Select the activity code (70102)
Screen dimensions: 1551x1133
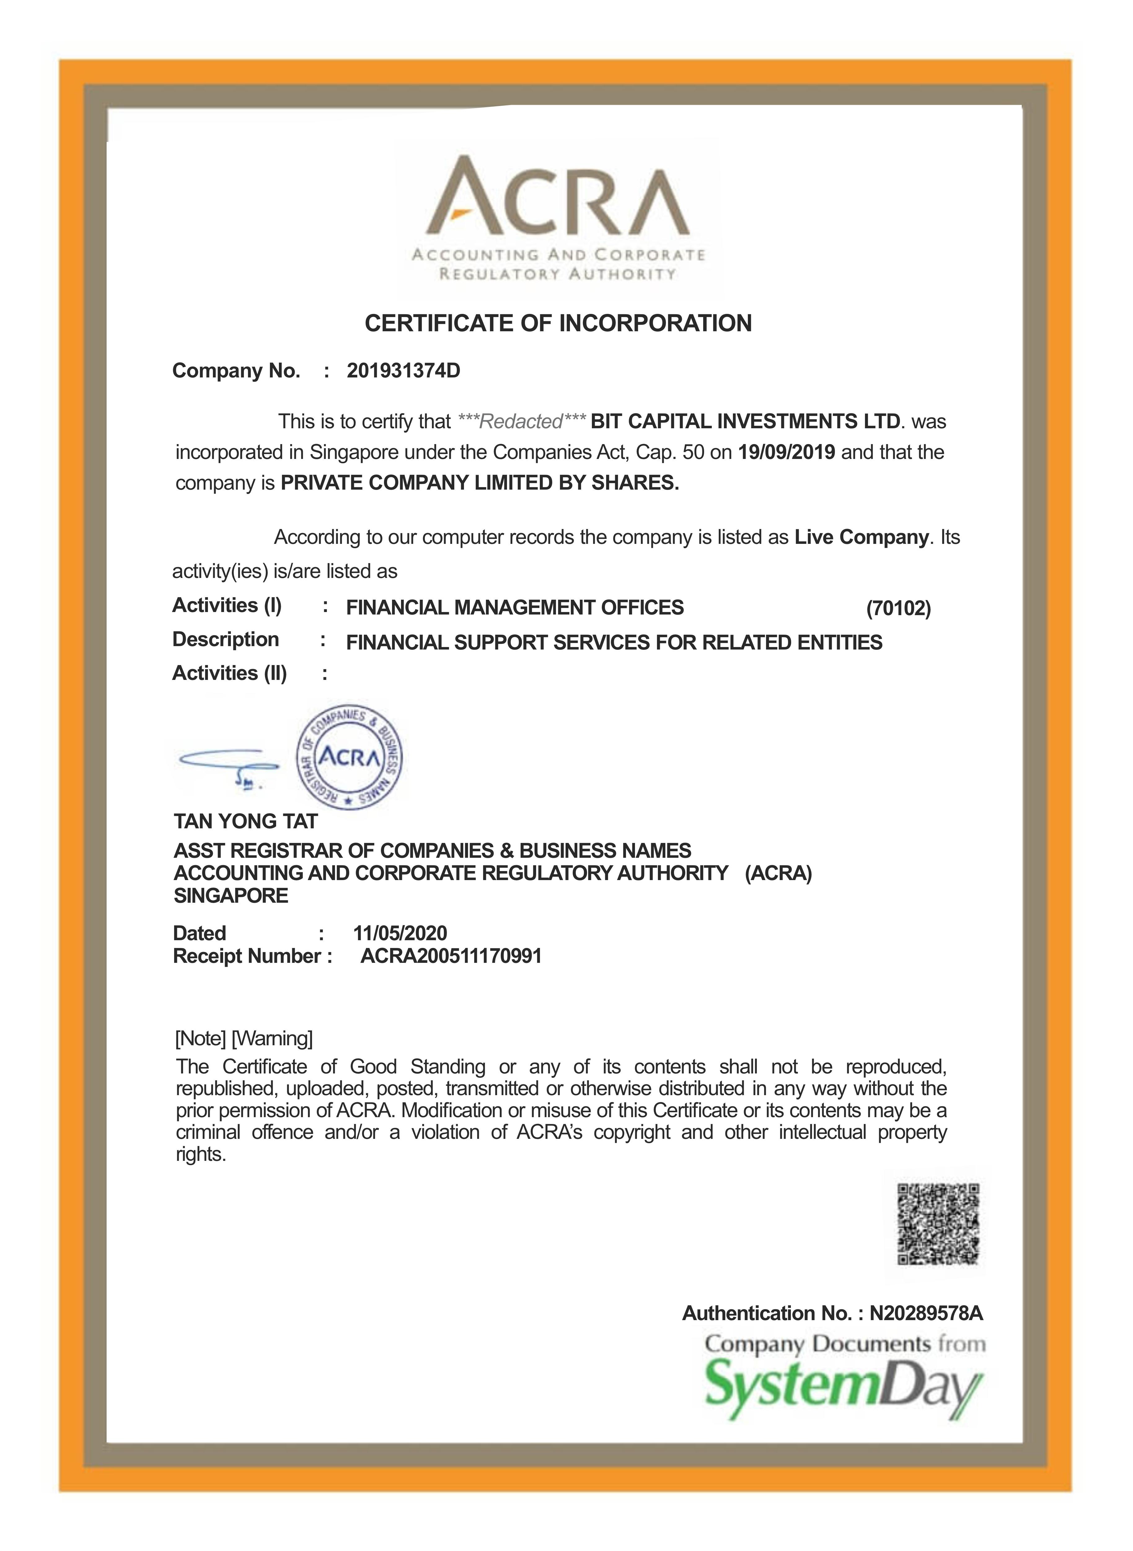point(898,608)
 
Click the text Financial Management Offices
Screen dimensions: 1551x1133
point(514,607)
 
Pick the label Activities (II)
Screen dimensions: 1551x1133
point(229,673)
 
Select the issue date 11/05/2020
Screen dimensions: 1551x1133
point(400,933)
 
